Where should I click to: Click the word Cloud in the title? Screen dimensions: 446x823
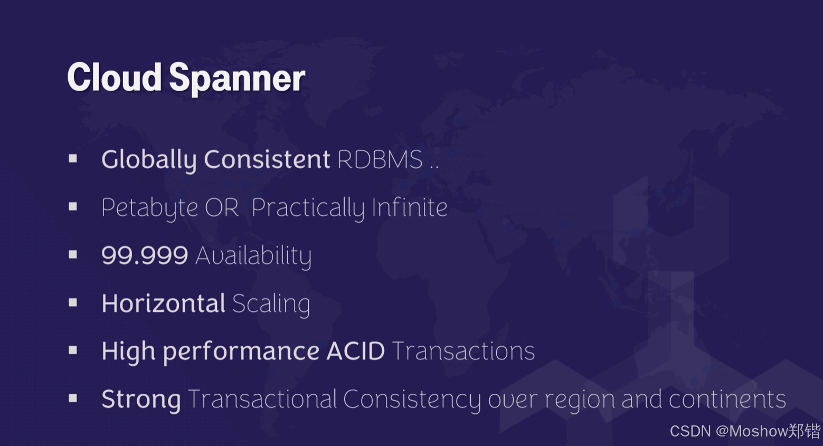[x=114, y=77]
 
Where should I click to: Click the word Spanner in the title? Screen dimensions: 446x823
[x=237, y=78]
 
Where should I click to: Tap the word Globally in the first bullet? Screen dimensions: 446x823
[x=148, y=159]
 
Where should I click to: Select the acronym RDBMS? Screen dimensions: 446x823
[x=380, y=159]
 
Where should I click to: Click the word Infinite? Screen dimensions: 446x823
[x=410, y=207]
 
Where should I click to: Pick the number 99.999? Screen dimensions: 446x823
[x=145, y=255]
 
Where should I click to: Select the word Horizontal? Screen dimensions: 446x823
[x=164, y=303]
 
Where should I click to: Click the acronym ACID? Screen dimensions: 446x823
[x=356, y=351]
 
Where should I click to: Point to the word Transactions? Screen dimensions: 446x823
[x=463, y=351]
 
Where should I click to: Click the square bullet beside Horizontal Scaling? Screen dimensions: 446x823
[x=73, y=302]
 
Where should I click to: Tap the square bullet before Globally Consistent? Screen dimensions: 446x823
[x=73, y=158]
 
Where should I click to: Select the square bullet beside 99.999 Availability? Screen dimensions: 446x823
[x=73, y=255]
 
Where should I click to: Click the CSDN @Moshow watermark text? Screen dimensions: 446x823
[x=745, y=431]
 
